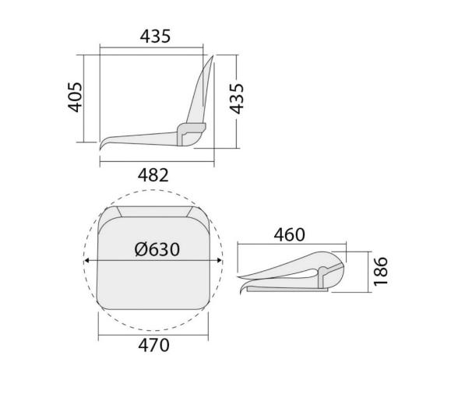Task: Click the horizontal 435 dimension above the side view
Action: coord(155,36)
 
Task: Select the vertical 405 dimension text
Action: coord(76,97)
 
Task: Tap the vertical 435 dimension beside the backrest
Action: coord(237,98)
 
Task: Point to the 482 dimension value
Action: coord(153,175)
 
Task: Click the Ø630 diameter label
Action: coord(157,249)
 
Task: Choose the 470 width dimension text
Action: coord(153,345)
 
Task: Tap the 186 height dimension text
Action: coord(380,271)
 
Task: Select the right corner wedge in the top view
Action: coord(192,213)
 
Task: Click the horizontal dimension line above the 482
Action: coord(156,161)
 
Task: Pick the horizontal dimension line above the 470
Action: coord(153,332)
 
